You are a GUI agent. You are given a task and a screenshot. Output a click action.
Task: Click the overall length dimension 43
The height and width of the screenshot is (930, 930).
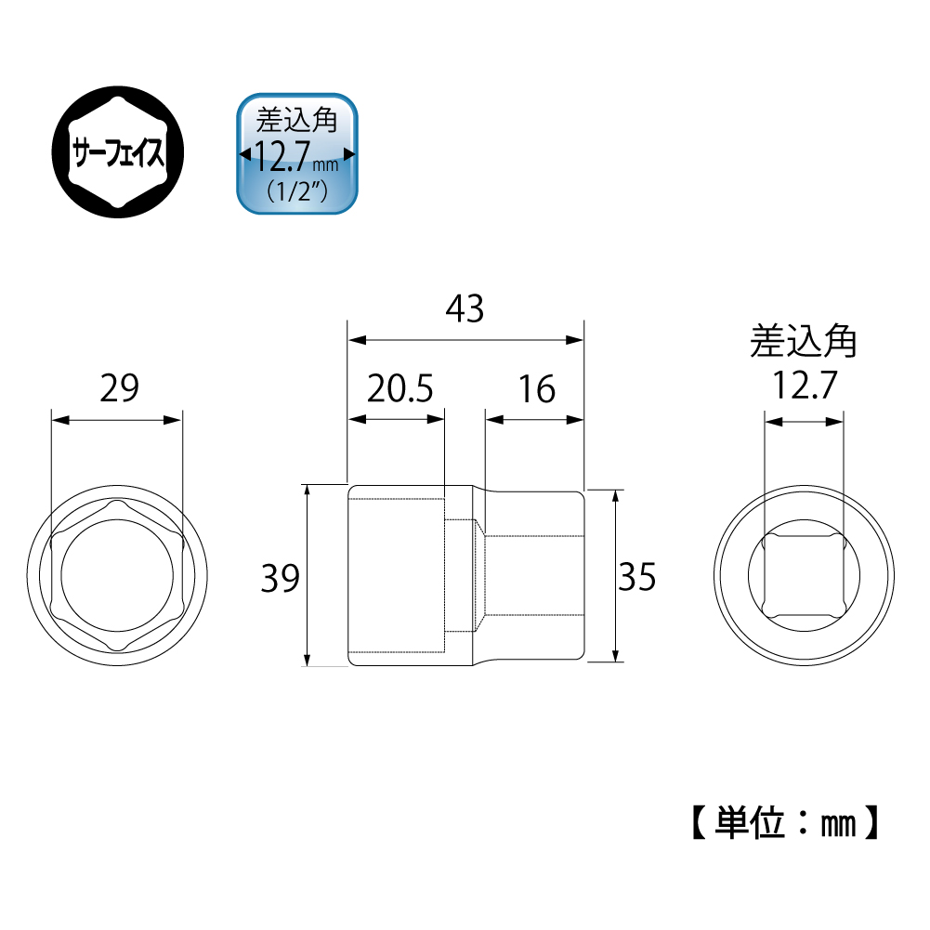[465, 308]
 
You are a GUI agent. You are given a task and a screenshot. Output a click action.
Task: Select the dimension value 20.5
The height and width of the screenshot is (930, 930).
[400, 388]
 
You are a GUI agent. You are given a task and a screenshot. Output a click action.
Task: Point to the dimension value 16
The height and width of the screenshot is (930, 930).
[535, 388]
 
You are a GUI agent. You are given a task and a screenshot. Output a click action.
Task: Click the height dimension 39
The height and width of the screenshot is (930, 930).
[280, 578]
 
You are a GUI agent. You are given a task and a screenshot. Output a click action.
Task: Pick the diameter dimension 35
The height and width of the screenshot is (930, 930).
[637, 577]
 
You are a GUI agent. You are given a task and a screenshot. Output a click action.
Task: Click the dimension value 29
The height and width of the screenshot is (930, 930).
[118, 388]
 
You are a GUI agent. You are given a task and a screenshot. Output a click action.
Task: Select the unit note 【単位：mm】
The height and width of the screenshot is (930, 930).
[782, 821]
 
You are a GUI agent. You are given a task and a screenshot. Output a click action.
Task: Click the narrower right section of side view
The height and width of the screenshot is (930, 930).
[534, 577]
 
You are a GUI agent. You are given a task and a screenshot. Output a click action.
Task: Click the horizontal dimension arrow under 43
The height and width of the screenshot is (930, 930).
[465, 339]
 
